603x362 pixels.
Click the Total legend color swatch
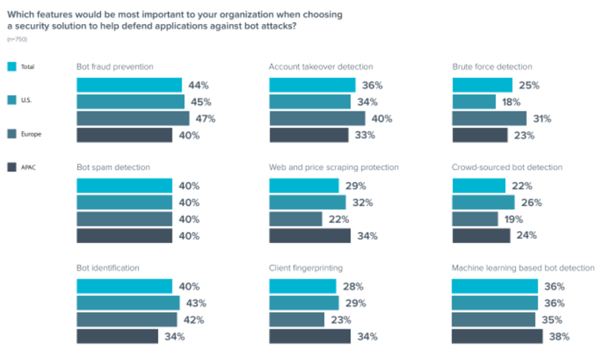pos(11,67)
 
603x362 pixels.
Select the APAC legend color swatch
pos(11,168)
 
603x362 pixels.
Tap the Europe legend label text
pos(31,134)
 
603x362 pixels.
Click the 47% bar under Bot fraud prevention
pos(133,118)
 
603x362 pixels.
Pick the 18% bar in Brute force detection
pos(474,102)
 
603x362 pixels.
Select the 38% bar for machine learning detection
pos(497,336)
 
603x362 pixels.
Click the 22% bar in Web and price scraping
pos(295,219)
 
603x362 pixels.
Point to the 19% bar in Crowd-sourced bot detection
pos(474,219)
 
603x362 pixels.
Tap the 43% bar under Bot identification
pos(128,303)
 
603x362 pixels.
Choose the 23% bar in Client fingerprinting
pos(296,319)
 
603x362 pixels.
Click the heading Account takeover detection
pos(321,67)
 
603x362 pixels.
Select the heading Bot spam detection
pos(113,167)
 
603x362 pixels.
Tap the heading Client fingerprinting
pos(306,268)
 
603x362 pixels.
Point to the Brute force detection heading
pos(492,67)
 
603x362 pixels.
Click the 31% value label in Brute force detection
pos(541,118)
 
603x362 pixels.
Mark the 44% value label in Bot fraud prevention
pos(199,85)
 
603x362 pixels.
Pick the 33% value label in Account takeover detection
pos(366,135)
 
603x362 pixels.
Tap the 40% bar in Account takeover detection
pos(317,118)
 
